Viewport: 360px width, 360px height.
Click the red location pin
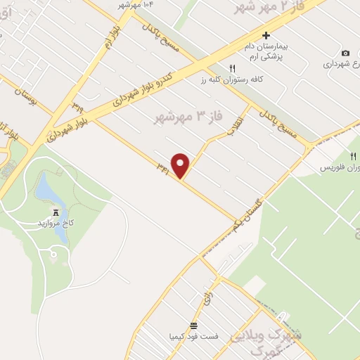tap(181, 165)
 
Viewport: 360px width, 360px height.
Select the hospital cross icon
tap(266, 35)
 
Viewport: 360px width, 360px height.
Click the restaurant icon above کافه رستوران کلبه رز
tap(231, 68)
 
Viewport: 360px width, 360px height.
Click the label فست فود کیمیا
tap(194, 336)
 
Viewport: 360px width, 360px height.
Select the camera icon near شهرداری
tap(345, 53)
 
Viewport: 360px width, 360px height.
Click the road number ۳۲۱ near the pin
tap(163, 168)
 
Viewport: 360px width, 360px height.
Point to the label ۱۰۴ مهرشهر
tap(137, 4)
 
